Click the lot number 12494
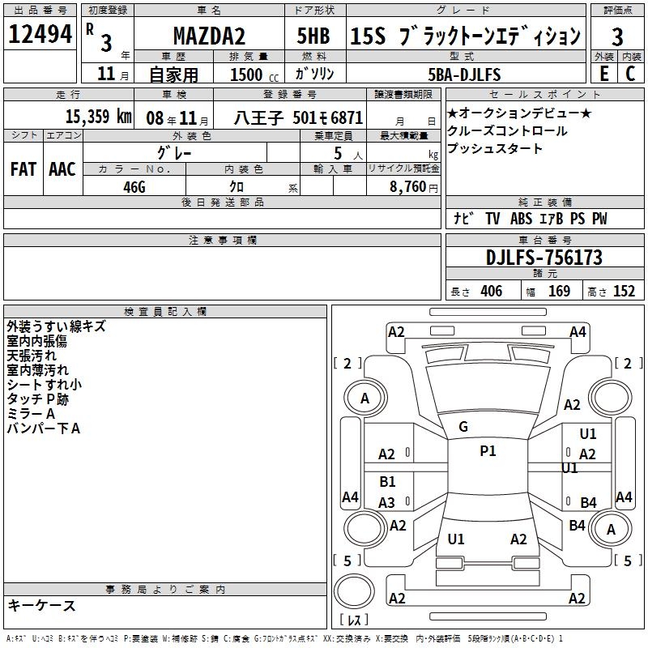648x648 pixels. (40, 34)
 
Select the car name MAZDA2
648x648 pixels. (209, 36)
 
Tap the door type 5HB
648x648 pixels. (313, 36)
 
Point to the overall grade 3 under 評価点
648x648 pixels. (617, 37)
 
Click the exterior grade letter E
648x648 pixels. (603, 74)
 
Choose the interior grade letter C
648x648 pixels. (630, 74)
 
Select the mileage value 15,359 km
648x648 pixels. (99, 117)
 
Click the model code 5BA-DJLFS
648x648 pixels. (464, 75)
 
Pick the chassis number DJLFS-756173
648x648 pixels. (544, 258)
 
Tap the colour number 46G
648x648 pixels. (134, 187)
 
